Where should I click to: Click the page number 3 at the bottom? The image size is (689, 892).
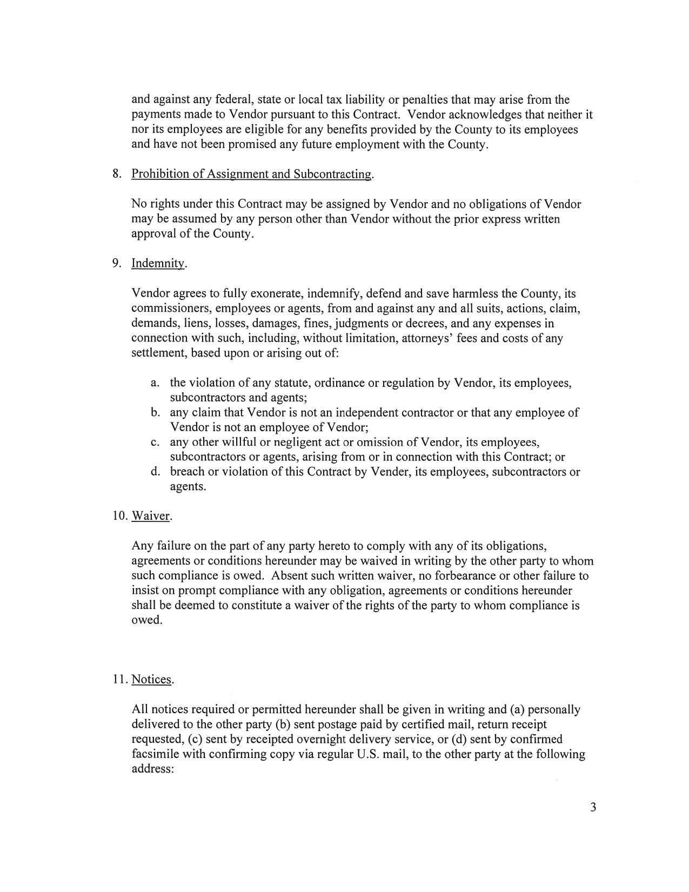point(593,808)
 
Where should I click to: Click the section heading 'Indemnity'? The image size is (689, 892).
point(158,264)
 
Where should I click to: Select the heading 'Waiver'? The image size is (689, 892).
point(151,516)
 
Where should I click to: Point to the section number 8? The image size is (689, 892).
point(117,174)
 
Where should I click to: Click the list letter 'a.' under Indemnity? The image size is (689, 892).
point(155,383)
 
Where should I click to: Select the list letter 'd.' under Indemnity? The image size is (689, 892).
point(156,472)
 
